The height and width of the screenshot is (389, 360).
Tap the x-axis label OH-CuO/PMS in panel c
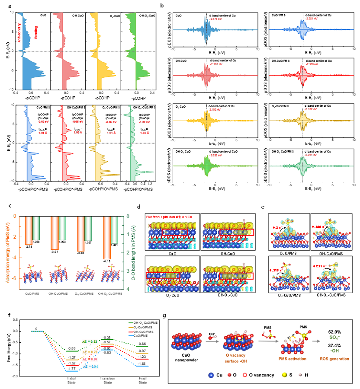(60, 282)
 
